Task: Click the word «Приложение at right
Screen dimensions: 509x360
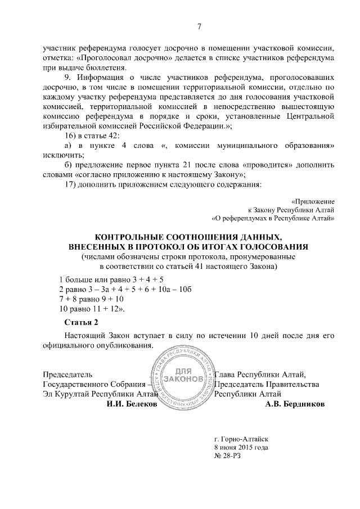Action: [314, 201]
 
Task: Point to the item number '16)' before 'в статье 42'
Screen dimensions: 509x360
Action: [71, 136]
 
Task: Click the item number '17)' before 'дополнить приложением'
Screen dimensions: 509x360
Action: [71, 183]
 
